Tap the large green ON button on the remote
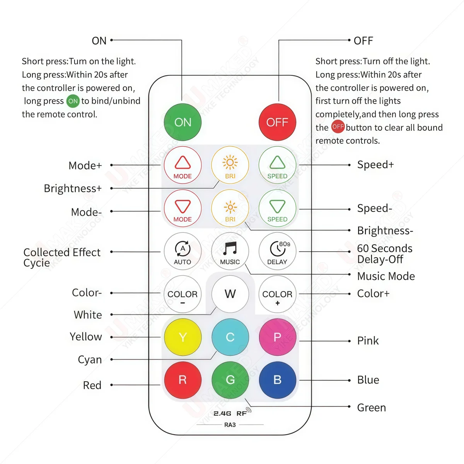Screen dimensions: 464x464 [x=183, y=122]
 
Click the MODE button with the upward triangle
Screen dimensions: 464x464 [x=183, y=165]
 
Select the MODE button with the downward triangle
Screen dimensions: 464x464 [x=183, y=208]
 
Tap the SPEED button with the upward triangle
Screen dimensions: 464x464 [x=277, y=165]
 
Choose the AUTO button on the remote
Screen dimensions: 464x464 [x=183, y=251]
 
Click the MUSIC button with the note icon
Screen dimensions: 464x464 [x=230, y=251]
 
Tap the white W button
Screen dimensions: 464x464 [x=230, y=294]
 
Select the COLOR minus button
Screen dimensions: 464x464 [x=183, y=294]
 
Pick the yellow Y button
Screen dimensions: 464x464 [x=183, y=337]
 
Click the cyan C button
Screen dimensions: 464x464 [x=230, y=337]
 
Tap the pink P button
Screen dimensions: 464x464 [x=277, y=337]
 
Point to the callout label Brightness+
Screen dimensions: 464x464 [x=73, y=188]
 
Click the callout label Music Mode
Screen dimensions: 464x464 [x=386, y=276]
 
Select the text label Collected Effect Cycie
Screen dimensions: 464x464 [x=62, y=258]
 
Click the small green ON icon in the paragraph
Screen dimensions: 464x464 [x=73, y=101]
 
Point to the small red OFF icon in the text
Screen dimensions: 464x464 [x=338, y=127]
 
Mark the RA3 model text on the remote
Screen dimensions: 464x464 [x=230, y=425]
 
